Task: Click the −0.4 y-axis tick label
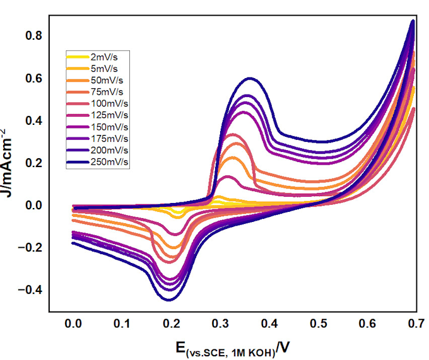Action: tap(30, 289)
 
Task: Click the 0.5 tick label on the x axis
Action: tap(318, 323)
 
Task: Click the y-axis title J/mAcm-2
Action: tap(11, 164)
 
